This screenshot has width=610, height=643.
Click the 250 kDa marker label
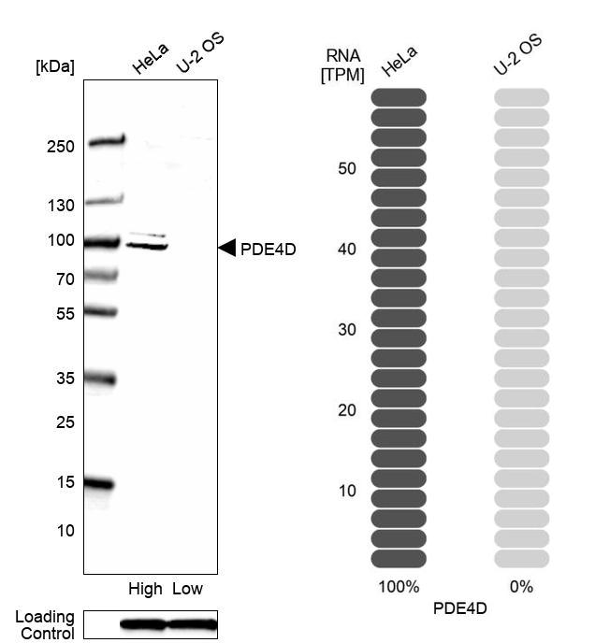[59, 147]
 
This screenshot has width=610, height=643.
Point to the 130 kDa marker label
[59, 206]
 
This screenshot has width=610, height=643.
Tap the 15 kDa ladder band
[97, 484]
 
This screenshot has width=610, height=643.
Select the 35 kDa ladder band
[99, 379]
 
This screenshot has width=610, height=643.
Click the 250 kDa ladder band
[106, 143]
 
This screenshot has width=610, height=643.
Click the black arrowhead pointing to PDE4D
[226, 248]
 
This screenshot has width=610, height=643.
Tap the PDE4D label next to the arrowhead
[268, 249]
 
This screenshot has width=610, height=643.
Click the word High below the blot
[145, 589]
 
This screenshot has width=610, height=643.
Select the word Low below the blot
[188, 589]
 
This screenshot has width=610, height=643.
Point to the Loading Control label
[45, 625]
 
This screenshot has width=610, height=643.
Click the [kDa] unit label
[54, 66]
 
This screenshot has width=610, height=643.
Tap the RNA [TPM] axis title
[342, 66]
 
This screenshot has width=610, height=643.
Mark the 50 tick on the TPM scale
[347, 169]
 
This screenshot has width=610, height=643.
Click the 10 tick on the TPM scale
[347, 491]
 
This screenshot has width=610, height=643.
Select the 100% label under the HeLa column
[399, 587]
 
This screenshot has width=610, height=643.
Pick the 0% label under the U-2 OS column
[521, 587]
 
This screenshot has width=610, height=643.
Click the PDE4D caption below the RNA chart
[460, 608]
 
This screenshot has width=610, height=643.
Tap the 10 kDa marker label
[65, 530]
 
